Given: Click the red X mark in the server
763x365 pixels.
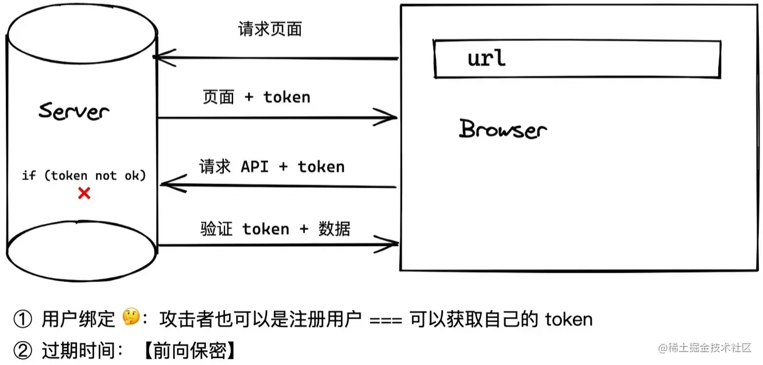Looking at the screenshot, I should (85, 193).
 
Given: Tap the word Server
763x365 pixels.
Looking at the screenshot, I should (73, 111).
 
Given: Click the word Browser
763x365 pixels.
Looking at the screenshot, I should (503, 129).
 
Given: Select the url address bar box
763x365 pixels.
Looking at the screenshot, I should (577, 59).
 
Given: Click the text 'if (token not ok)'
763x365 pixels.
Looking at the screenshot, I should (83, 175).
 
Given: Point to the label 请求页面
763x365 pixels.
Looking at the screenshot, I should (270, 30).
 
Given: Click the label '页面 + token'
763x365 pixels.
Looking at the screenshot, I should (256, 97).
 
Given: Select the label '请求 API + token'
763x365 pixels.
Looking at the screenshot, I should (272, 167).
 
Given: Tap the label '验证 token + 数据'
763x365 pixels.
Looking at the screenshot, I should (275, 229).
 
